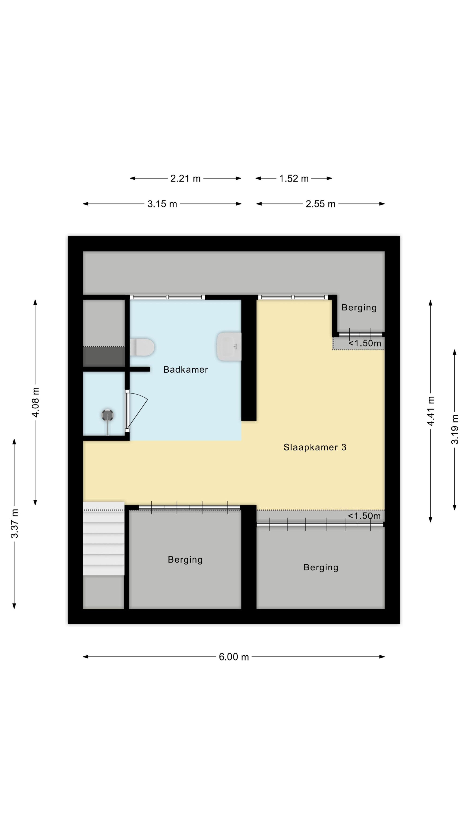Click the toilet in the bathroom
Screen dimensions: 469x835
point(142,347)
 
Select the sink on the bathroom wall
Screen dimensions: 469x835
point(229,347)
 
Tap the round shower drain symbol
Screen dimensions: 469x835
point(107,415)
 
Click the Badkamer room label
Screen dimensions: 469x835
point(185,370)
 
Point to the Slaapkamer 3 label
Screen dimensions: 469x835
point(315,447)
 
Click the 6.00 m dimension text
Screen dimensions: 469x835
point(234,657)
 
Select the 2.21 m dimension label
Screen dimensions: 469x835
point(185,178)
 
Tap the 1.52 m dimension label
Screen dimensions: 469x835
point(294,178)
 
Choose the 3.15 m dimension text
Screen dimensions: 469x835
point(162,204)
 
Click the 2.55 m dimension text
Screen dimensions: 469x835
point(320,204)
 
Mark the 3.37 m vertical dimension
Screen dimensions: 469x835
point(14,523)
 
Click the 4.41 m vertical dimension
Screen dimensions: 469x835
point(431,411)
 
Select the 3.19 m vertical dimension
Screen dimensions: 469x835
point(455,429)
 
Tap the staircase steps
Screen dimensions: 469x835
point(104,539)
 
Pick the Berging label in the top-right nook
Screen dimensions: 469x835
point(359,308)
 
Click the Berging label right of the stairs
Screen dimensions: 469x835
point(185,560)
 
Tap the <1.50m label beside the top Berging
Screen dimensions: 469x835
point(365,343)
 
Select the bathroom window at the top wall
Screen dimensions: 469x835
point(167,297)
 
